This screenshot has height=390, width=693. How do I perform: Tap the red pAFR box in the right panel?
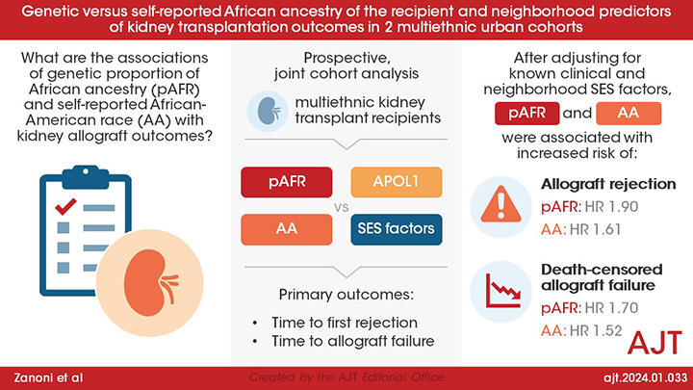click(529, 114)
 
